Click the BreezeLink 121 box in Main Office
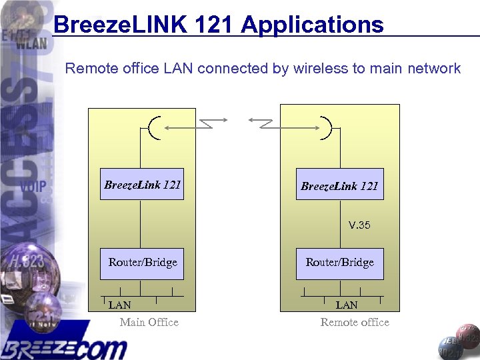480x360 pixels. (x=143, y=185)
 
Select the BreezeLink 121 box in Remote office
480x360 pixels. (x=340, y=185)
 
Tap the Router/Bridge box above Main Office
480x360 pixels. (x=143, y=262)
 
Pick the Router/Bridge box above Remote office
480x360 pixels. (x=340, y=262)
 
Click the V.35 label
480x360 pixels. (x=359, y=225)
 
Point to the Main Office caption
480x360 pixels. (x=149, y=323)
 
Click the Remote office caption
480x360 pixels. (x=355, y=323)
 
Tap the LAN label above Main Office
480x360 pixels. (x=120, y=305)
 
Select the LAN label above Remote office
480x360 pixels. (x=347, y=305)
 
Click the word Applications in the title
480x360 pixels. (x=312, y=25)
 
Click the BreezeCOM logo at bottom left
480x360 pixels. (x=64, y=345)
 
